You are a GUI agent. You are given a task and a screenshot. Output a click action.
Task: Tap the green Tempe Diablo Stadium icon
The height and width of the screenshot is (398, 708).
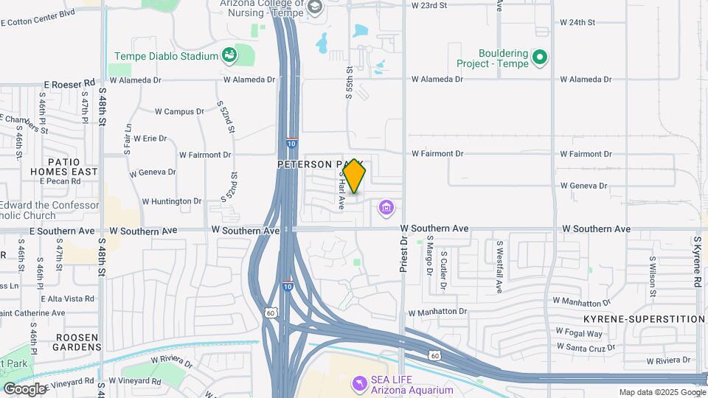[229, 55]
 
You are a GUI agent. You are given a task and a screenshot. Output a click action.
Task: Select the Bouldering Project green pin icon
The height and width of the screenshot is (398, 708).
[539, 57]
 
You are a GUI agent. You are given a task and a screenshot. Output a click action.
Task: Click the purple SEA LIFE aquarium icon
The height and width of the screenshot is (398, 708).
[359, 383]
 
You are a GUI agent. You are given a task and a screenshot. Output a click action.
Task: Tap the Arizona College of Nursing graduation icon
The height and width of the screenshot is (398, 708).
[315, 7]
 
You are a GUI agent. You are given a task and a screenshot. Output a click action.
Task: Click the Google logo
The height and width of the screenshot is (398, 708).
[24, 388]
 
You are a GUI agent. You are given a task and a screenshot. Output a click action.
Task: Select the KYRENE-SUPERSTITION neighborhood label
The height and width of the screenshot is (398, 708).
[644, 319]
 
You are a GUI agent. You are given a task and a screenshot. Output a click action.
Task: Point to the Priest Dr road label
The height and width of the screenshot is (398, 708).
[403, 255]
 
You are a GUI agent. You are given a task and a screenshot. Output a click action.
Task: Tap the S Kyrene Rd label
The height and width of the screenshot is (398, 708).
[696, 262]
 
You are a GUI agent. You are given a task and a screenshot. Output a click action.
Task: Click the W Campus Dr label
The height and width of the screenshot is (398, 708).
[179, 111]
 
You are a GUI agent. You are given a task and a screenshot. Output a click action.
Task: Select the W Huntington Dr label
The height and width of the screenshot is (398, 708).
[171, 200]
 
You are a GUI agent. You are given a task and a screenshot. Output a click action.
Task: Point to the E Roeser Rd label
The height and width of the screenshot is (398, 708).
[70, 84]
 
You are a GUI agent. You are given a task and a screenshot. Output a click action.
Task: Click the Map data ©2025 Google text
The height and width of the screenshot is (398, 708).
[661, 392]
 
